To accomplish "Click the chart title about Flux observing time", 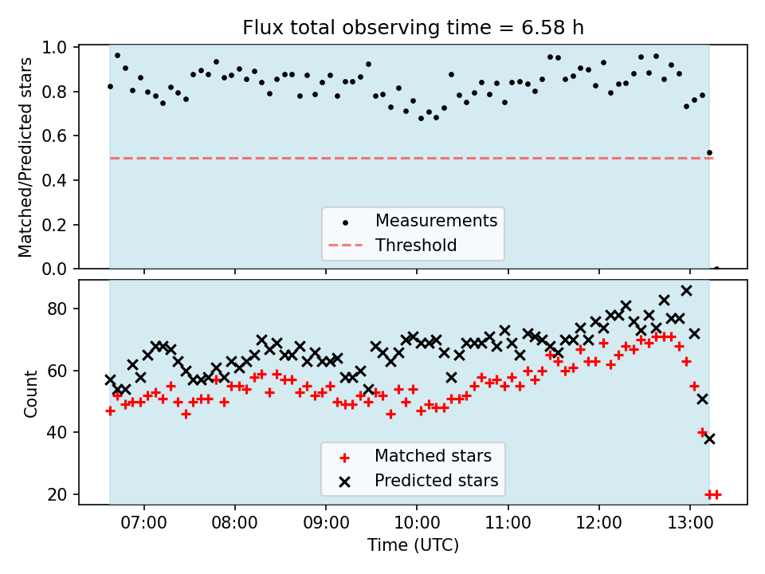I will click(x=413, y=28).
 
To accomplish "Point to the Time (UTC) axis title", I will click(x=413, y=546).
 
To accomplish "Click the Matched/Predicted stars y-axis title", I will click(x=25, y=157).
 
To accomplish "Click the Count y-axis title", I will click(x=30, y=394).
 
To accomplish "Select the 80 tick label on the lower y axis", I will click(x=62, y=309).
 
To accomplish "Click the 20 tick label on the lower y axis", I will click(x=62, y=494).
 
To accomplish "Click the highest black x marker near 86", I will click(x=686, y=290).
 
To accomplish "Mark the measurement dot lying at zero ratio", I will click(x=716, y=269).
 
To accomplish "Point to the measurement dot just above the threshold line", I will click(x=709, y=152).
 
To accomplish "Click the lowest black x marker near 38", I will click(x=709, y=438).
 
